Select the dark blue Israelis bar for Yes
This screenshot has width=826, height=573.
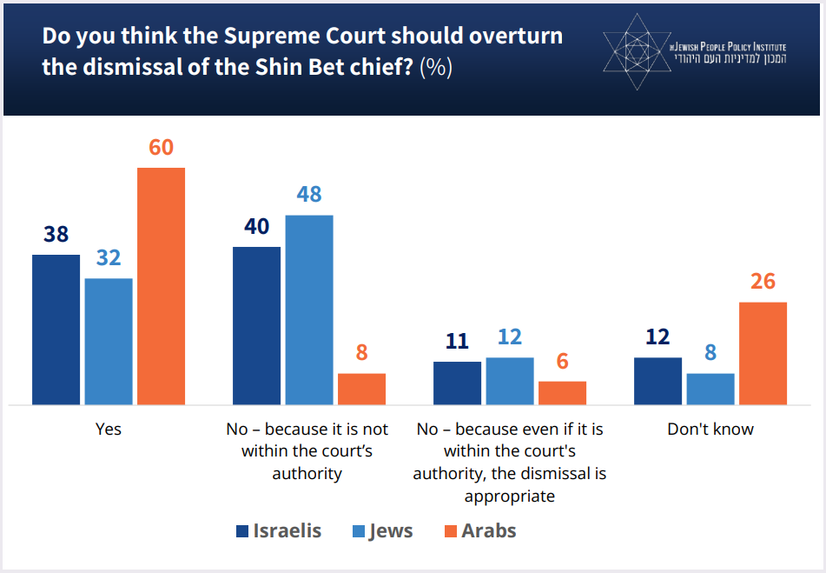(56, 330)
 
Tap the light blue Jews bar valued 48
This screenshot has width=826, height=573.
(308, 310)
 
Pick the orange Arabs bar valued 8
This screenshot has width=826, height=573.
(361, 389)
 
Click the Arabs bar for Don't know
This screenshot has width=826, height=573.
(763, 353)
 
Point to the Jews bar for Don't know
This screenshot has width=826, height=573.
(710, 389)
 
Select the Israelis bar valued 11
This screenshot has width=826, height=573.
(457, 383)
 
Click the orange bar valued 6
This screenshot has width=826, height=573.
(562, 392)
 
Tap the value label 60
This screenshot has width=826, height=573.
(161, 147)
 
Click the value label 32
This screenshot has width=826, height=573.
(109, 258)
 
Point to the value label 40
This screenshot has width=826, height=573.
(256, 226)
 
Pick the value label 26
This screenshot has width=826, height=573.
(763, 282)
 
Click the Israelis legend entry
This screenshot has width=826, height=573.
(278, 530)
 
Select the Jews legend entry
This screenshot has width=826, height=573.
(381, 530)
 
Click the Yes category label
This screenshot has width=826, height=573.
(108, 430)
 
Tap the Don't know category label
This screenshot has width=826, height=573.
(710, 430)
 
